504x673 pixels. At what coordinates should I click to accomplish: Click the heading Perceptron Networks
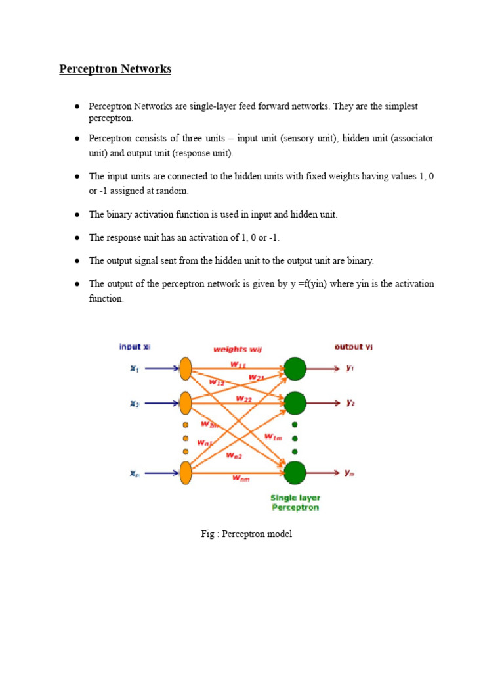coord(115,69)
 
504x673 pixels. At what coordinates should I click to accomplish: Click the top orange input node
coord(186,368)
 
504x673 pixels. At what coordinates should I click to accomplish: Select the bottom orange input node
coord(186,473)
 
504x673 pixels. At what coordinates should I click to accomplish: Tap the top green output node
coord(295,368)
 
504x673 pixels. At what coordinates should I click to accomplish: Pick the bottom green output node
coord(295,473)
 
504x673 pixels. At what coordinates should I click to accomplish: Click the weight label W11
coord(238,365)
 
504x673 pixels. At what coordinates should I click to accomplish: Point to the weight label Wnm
coord(241,478)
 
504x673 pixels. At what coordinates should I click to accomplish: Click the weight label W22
coord(244,399)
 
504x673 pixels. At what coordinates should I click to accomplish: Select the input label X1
coord(135,368)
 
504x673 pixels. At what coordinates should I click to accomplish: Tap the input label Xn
coord(135,473)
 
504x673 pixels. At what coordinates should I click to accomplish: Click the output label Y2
coord(350,403)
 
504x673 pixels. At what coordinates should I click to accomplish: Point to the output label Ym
coord(350,473)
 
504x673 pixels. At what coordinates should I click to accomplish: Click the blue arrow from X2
coord(162,403)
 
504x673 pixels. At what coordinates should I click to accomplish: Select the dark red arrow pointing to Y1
coord(323,368)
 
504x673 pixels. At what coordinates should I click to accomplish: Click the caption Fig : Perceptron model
coord(247,534)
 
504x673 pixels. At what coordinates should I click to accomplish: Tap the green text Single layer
coord(295,498)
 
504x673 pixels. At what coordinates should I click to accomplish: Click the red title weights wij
coord(238,350)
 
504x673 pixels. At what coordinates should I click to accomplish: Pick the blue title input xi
coord(135,346)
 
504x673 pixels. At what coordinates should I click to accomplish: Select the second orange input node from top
coord(186,403)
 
